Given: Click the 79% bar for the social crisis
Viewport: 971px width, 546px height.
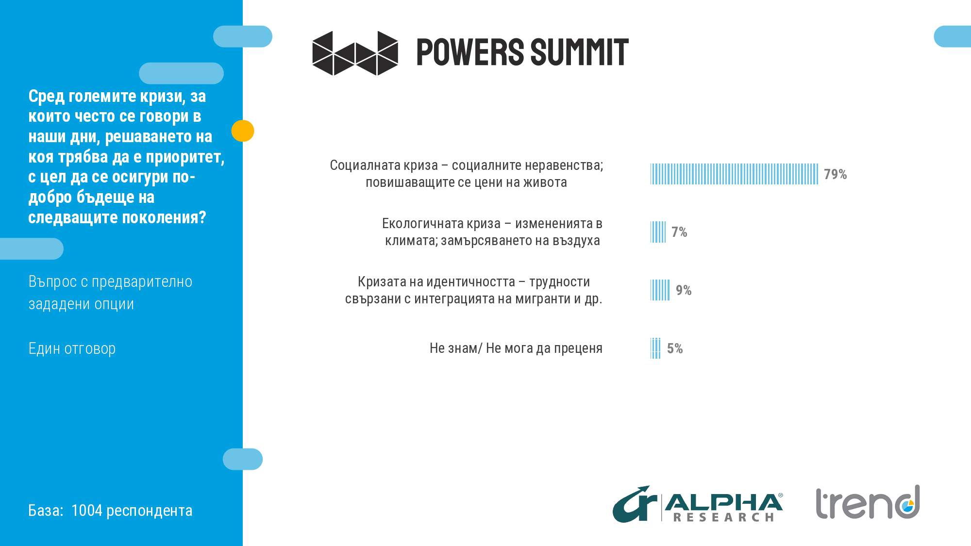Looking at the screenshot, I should (734, 174).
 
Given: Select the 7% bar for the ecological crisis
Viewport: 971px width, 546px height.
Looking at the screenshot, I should (658, 232).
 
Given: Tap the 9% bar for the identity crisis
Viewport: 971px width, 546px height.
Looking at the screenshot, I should (660, 290).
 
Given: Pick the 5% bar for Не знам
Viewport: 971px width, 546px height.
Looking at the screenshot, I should (655, 348).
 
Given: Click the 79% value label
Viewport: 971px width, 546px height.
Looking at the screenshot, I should (835, 174).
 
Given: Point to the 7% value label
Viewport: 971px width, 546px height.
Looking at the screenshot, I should (679, 232).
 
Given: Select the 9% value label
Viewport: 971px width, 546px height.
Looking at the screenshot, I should (684, 290).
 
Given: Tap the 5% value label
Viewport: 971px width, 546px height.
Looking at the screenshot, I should (675, 348).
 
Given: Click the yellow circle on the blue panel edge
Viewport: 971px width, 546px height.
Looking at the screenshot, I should (243, 131).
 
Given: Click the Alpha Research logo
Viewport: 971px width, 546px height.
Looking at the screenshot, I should (697, 505).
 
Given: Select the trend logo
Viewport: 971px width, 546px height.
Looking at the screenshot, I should (868, 503).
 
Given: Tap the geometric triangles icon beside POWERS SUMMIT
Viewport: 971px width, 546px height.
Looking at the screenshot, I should (355, 53).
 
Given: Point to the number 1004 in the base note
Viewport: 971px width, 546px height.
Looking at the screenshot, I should (86, 511).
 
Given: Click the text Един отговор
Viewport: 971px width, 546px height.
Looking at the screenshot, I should (72, 348).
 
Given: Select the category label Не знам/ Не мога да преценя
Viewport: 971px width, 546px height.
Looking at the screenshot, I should (516, 348).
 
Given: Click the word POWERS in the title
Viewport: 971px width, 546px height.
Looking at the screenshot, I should (470, 52).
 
